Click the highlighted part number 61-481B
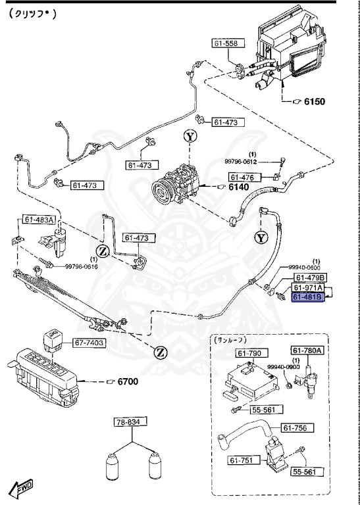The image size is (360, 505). [x=308, y=297]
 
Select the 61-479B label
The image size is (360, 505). [x=308, y=278]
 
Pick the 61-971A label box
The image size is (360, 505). [x=308, y=288]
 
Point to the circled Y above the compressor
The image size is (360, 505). [x=190, y=136]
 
